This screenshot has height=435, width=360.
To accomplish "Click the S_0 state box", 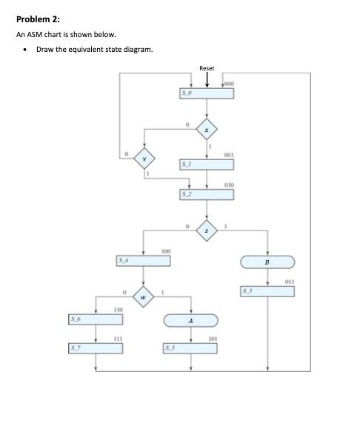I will click(207, 93).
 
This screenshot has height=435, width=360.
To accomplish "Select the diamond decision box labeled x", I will click(207, 130).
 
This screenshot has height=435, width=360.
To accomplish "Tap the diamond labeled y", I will click(146, 159).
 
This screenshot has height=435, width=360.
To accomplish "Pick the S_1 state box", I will click(207, 164).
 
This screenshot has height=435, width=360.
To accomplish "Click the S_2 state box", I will click(207, 194).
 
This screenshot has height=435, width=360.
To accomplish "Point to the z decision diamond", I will click(207, 230).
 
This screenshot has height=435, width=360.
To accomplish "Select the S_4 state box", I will click(145, 261).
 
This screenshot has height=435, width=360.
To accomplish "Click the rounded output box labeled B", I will click(267, 262).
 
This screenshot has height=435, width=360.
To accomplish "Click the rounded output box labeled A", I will click(191, 320).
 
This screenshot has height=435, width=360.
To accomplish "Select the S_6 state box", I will click(96, 319).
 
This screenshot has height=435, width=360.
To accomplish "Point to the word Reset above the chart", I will click(207, 68).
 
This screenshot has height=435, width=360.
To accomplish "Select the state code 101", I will click(213, 339).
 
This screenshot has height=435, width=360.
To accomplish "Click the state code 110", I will click(118, 308).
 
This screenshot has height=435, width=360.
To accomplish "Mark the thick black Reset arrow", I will click(207, 79).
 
